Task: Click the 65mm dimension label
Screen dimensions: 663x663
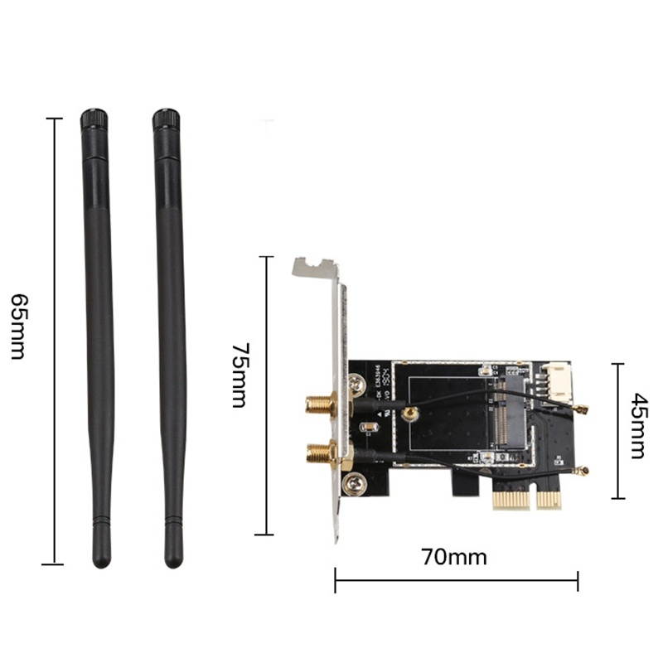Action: (x=17, y=325)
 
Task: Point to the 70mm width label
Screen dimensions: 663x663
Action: (x=454, y=557)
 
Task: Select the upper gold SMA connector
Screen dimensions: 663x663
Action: (x=319, y=405)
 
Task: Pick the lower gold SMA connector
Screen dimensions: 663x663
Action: (x=319, y=452)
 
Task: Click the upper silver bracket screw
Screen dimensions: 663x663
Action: (x=357, y=384)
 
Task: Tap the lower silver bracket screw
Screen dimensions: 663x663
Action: (x=357, y=480)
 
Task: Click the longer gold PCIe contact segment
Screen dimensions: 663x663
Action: (x=512, y=500)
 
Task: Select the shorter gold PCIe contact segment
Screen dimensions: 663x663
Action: (x=549, y=500)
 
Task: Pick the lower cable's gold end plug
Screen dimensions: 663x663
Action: (x=583, y=470)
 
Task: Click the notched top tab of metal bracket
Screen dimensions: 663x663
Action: (x=316, y=268)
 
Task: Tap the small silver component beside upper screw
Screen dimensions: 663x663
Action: (x=370, y=428)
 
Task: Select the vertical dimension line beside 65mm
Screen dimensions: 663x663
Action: (x=54, y=340)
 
